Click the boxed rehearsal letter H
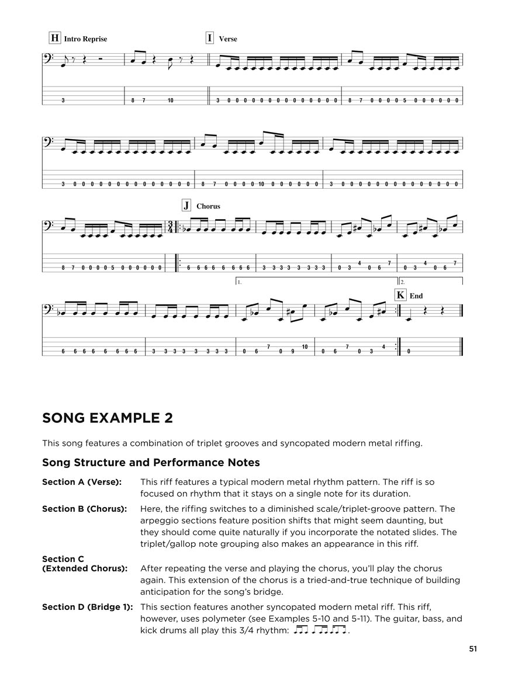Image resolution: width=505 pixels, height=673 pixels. (55, 39)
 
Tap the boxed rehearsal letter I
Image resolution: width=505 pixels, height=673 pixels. (210, 39)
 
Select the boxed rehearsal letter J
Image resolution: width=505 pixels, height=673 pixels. (186, 206)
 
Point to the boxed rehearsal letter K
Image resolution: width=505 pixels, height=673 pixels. (400, 296)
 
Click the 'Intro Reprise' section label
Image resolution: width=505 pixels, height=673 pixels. (86, 39)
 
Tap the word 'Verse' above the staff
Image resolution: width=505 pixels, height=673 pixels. (228, 39)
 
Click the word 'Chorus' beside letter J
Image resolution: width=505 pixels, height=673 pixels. (208, 206)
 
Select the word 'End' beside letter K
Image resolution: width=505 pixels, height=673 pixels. (416, 296)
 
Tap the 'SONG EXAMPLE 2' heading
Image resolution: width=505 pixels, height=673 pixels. (108, 418)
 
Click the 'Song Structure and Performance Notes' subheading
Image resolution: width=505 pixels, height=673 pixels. (151, 463)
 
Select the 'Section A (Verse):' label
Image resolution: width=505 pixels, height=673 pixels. (82, 482)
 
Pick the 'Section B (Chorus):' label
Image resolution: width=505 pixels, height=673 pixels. (84, 509)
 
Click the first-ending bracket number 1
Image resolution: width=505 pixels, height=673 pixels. (240, 282)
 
